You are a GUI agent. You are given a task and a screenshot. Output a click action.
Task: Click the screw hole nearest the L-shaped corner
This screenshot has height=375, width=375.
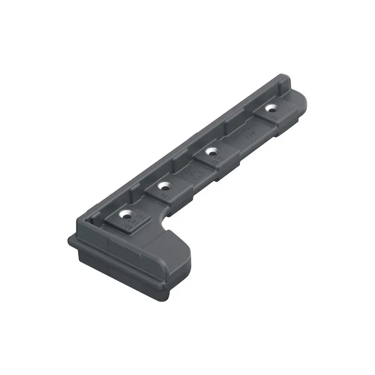click(x=126, y=215)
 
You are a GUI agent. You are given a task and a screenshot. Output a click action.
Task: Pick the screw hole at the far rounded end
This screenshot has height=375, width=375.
click(x=270, y=108)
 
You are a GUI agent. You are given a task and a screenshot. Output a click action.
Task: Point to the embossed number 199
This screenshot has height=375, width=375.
click(x=165, y=195)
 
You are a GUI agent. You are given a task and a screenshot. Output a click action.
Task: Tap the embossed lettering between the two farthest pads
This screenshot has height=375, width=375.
click(x=244, y=136)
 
